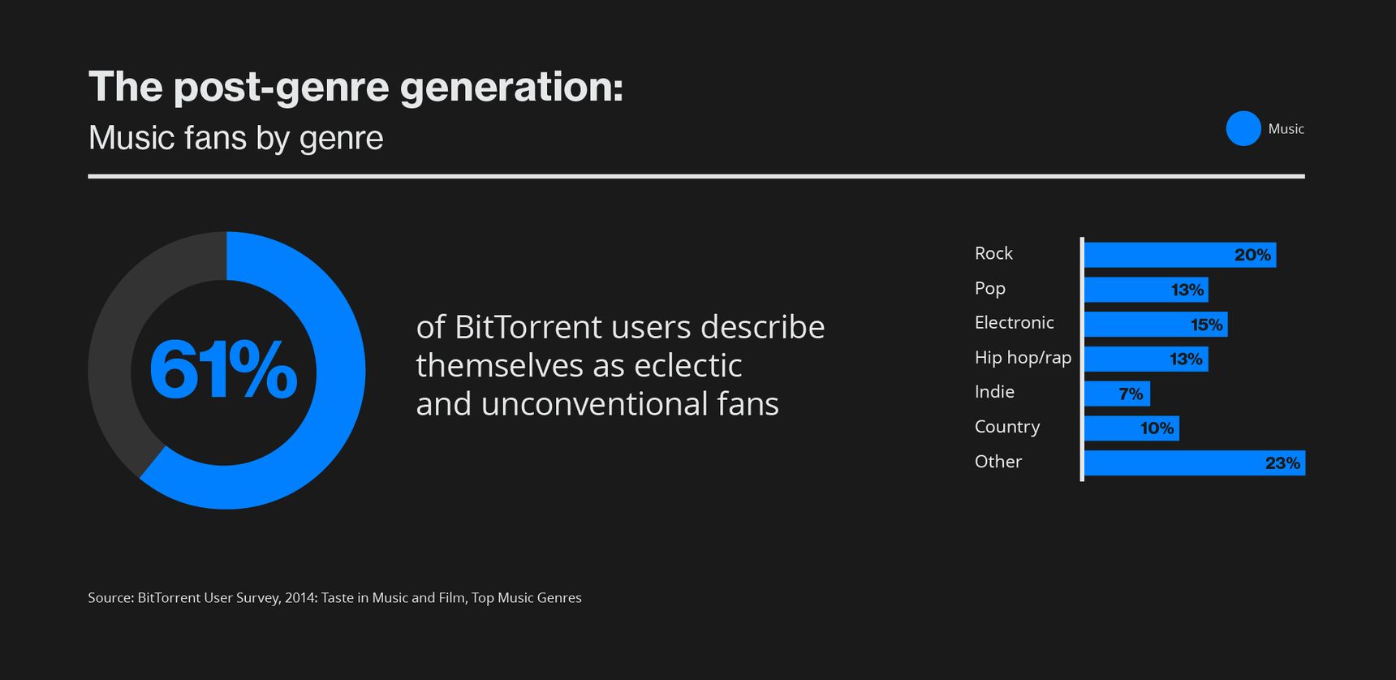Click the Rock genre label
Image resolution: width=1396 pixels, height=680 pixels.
993,253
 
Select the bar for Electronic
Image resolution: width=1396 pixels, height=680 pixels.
1156,325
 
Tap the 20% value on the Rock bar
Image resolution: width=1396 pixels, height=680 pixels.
1252,255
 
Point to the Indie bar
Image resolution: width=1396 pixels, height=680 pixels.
1117,394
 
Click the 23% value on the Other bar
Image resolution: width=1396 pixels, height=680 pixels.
1282,463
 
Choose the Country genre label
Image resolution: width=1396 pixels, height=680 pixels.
1007,427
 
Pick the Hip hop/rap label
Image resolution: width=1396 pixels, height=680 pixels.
1023,358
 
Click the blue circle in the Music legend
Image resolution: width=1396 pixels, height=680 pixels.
1243,128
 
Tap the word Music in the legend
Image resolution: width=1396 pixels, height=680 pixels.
1286,129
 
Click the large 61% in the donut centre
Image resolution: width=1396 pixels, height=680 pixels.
223,371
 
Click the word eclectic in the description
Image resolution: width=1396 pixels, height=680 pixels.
687,365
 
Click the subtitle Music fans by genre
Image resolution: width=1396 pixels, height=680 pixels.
235,138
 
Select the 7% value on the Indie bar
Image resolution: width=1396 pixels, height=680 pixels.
1131,394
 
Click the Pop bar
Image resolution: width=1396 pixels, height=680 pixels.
1146,290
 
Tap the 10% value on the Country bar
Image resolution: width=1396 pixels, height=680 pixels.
1157,428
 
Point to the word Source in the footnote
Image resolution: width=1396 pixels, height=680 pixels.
110,598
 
